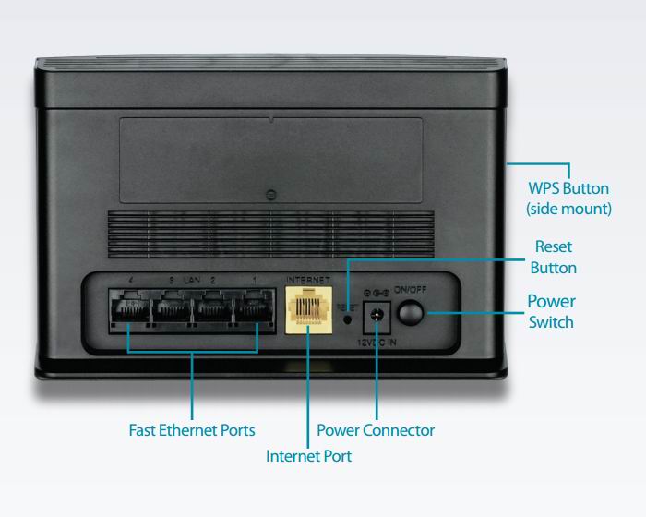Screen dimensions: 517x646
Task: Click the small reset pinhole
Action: pos(347,320)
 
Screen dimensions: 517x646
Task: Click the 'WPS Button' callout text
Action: pos(568,188)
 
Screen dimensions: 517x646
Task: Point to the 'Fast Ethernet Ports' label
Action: pos(191,430)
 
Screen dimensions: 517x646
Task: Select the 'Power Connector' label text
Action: pos(376,430)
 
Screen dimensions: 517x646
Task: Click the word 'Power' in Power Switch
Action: pos(551,302)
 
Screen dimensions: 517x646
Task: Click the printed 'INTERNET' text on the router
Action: pos(306,279)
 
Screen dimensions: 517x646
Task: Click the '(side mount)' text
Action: pos(568,209)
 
